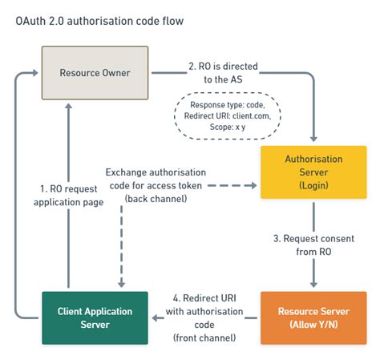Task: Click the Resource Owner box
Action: click(95, 72)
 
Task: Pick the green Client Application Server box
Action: click(95, 318)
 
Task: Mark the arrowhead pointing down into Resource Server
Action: click(313, 285)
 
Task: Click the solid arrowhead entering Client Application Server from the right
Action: click(158, 318)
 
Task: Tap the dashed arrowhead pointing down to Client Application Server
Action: click(121, 285)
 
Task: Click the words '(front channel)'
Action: click(204, 338)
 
